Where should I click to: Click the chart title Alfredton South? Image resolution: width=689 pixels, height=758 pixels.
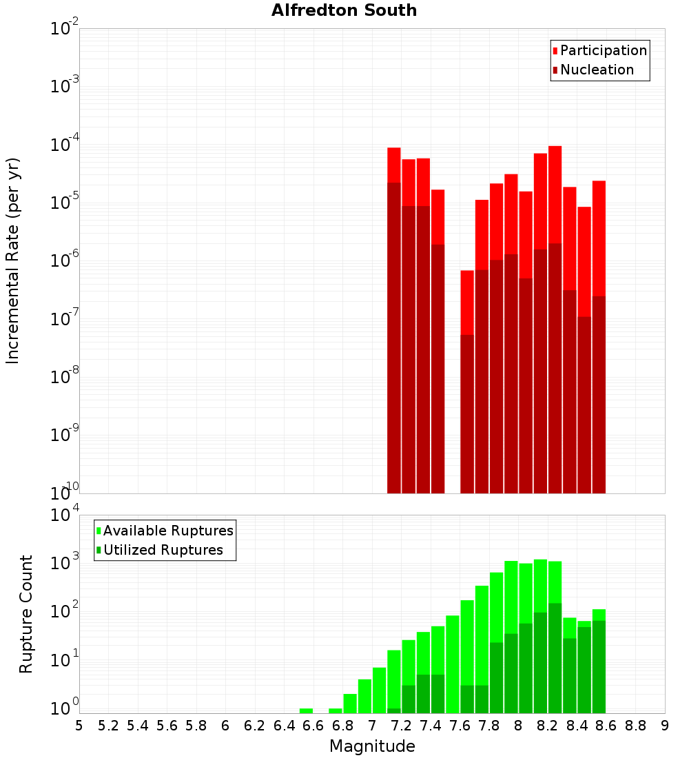pos(344,10)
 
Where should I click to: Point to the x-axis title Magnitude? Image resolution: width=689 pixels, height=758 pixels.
pos(372,746)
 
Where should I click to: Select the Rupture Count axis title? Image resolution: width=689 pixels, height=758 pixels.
pos(26,614)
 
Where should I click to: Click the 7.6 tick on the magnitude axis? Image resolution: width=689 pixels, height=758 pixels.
pos(460,726)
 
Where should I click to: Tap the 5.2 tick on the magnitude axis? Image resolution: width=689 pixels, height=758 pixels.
pos(108,726)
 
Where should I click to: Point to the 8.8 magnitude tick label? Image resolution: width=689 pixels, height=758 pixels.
pos(635,726)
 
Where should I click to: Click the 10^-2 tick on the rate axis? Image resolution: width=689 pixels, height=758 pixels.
pos(64,29)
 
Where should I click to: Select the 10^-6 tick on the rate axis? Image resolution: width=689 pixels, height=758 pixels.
pos(64,260)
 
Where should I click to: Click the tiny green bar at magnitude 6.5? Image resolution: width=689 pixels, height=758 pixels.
pos(306,710)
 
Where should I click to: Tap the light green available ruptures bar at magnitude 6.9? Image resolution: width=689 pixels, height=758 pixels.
pos(364,696)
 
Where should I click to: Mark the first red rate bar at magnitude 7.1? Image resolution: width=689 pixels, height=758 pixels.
pos(394,165)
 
